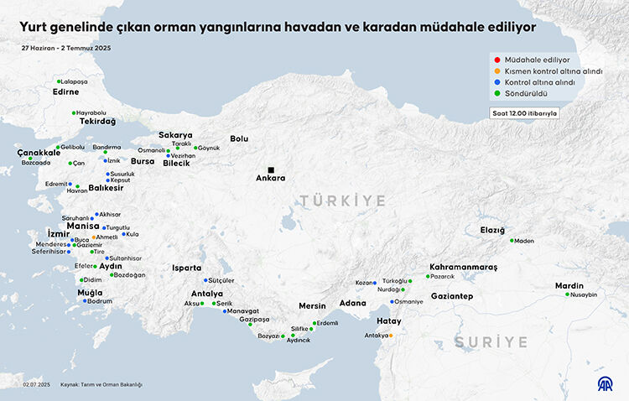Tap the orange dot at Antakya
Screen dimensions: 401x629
[x=390, y=336]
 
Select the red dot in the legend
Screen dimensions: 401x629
[x=496, y=60]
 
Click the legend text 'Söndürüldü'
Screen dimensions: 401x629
[x=526, y=93]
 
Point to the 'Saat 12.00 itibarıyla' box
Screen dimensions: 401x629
[x=524, y=113]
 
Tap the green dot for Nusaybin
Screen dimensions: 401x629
[x=568, y=294]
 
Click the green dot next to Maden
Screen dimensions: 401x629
[x=512, y=241]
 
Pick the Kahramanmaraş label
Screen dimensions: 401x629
[x=463, y=267]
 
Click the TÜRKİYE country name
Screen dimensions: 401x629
[x=344, y=201]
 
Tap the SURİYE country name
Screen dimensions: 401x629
[x=491, y=342]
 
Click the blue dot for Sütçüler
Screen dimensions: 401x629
[x=205, y=280]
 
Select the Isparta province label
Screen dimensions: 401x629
[x=186, y=268]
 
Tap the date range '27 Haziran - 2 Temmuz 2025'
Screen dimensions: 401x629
[x=66, y=48]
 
